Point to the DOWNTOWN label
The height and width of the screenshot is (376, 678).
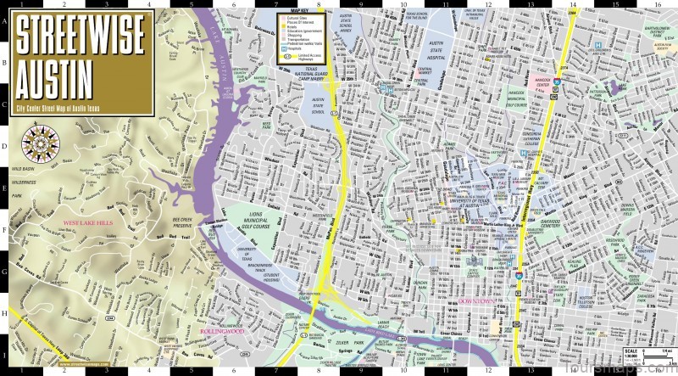coord(476,302)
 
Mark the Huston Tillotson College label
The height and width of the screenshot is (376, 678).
coord(587,304)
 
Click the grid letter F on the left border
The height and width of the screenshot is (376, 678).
coord(5,227)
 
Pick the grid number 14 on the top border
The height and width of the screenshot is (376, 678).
coord(573,3)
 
